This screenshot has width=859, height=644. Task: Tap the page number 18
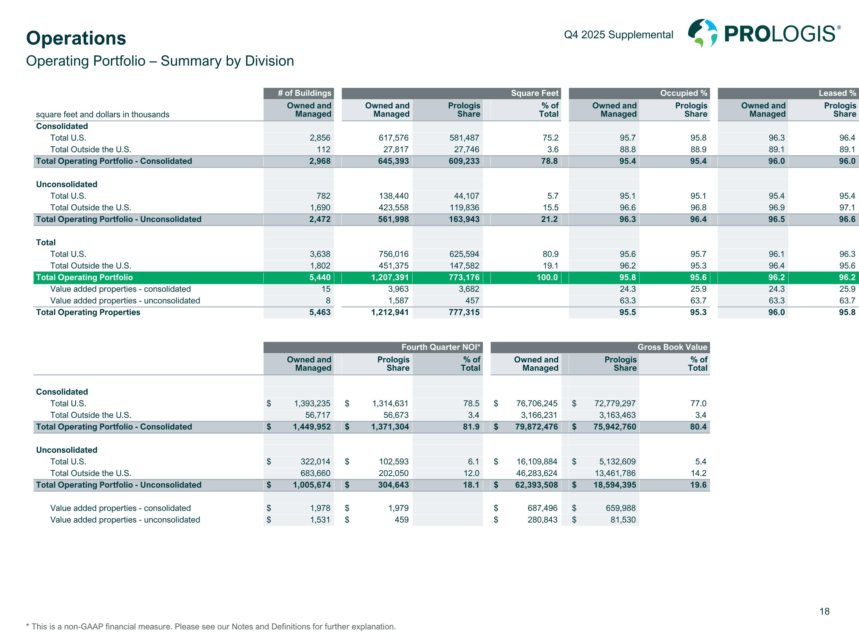[x=824, y=611]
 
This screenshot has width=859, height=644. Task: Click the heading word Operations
[x=76, y=38]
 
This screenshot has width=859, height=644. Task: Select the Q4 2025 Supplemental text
[x=618, y=35]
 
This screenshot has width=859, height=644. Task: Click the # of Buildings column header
[x=304, y=93]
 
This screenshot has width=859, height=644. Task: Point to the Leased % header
[x=837, y=93]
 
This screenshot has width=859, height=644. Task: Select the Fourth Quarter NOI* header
[x=441, y=347]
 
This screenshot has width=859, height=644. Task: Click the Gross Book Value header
[x=672, y=347]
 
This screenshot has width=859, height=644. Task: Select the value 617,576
[x=393, y=138]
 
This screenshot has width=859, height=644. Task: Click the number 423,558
[x=393, y=208]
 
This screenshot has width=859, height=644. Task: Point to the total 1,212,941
[x=390, y=313]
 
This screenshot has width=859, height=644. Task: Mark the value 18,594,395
[x=615, y=485]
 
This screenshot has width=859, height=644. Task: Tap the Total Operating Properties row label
[x=88, y=313]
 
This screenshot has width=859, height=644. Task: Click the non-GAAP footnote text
[x=211, y=627]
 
